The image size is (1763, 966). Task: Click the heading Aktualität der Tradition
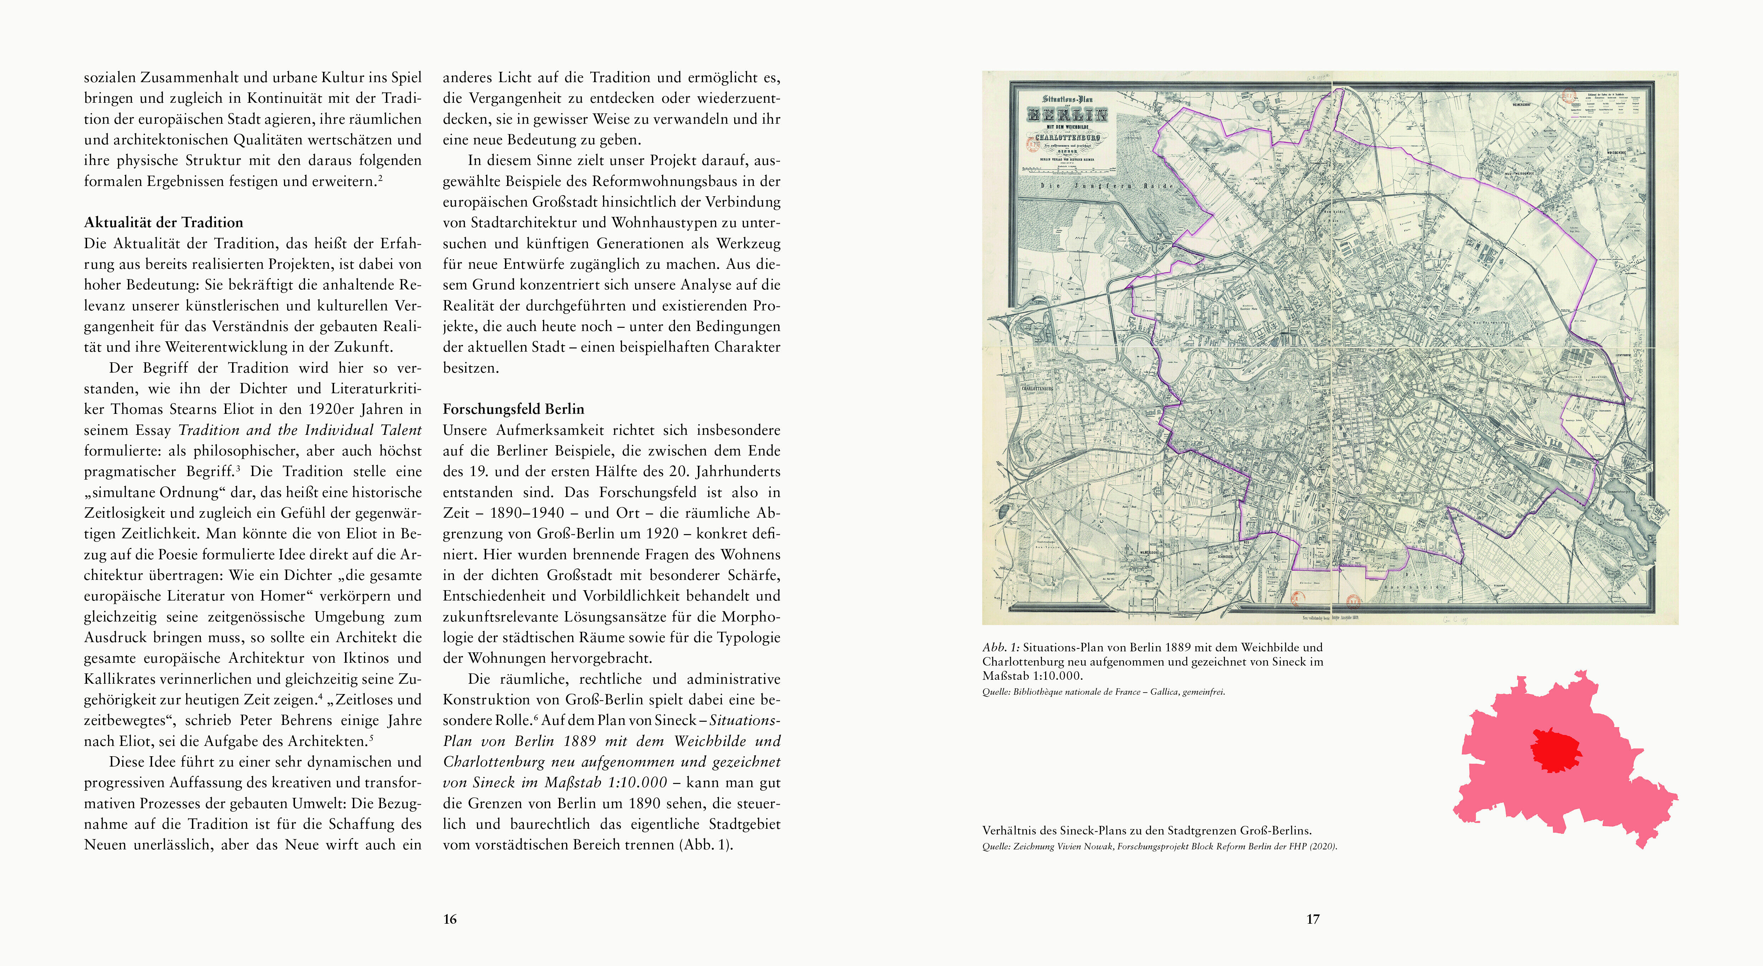(x=163, y=223)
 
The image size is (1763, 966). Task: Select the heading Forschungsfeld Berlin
(x=513, y=409)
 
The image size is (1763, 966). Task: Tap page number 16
(x=450, y=919)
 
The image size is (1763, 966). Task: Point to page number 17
(x=1313, y=919)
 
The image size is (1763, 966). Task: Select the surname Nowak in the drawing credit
(x=1099, y=847)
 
